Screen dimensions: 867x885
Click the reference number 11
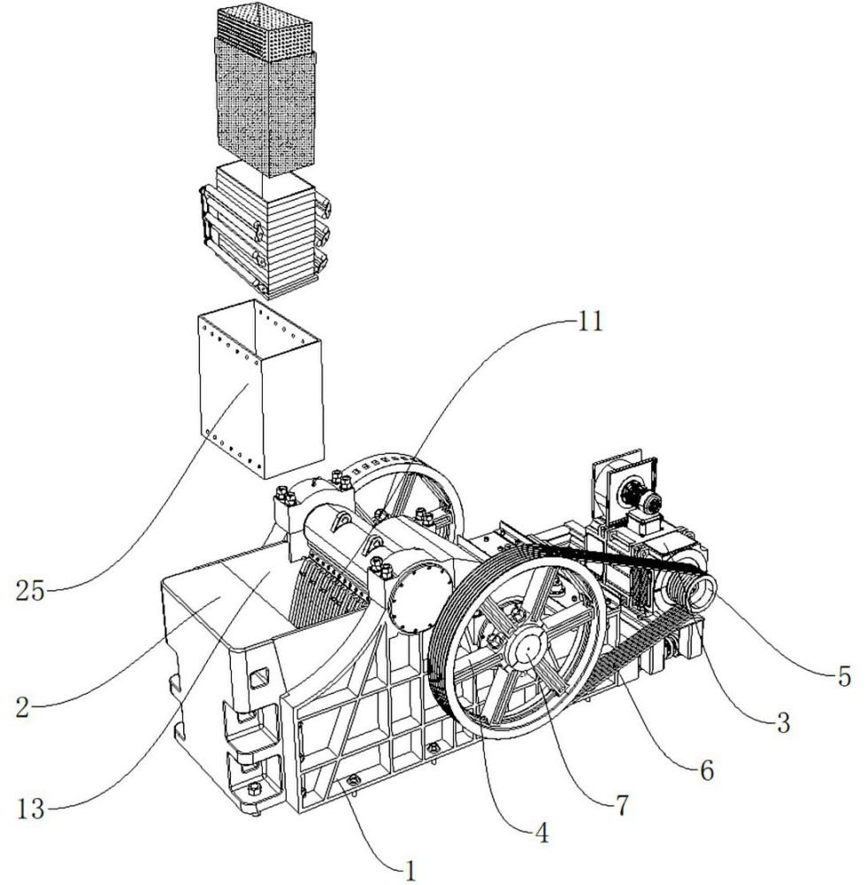[588, 322]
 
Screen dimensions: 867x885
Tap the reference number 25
[30, 591]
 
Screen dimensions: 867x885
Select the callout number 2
[23, 707]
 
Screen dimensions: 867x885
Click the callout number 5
[844, 676]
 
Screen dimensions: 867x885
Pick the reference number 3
[783, 724]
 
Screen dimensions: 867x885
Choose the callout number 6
[707, 771]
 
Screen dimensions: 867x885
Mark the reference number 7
[622, 806]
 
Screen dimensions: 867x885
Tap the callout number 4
[542, 833]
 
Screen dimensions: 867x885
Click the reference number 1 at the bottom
[410, 871]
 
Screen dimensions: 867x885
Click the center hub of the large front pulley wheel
[526, 650]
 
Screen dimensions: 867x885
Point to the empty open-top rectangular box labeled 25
[261, 389]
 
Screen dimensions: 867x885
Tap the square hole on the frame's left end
[260, 677]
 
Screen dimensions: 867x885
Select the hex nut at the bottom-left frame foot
[254, 788]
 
